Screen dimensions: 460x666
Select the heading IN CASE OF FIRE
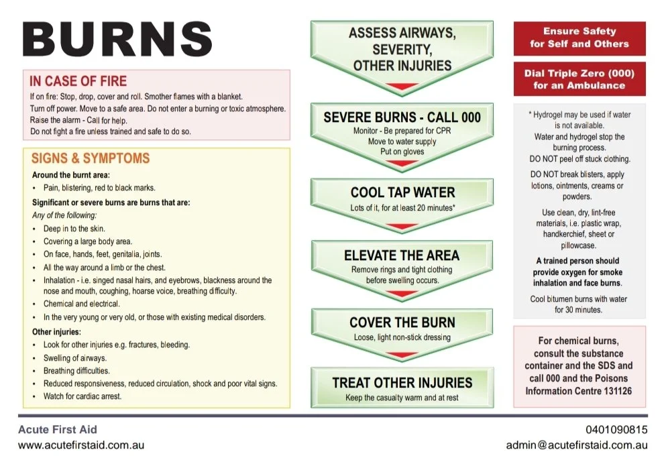[x=78, y=81]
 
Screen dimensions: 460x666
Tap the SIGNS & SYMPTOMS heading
[x=90, y=159]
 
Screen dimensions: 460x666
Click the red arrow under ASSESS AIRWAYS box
[x=402, y=87]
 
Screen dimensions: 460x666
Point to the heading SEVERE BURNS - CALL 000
[x=402, y=117]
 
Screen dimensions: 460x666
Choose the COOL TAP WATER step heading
[x=402, y=193]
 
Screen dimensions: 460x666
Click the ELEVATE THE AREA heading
[x=402, y=255]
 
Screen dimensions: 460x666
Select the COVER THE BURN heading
[x=402, y=323]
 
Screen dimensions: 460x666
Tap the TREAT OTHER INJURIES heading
[x=402, y=383]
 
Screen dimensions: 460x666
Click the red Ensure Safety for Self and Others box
[x=579, y=38]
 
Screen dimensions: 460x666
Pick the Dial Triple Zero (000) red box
[x=579, y=79]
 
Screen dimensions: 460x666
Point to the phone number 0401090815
[x=613, y=430]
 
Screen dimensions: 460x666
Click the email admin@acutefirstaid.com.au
[x=576, y=445]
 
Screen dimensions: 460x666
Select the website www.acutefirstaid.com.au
[x=81, y=445]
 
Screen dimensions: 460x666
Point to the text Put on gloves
[x=402, y=152]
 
